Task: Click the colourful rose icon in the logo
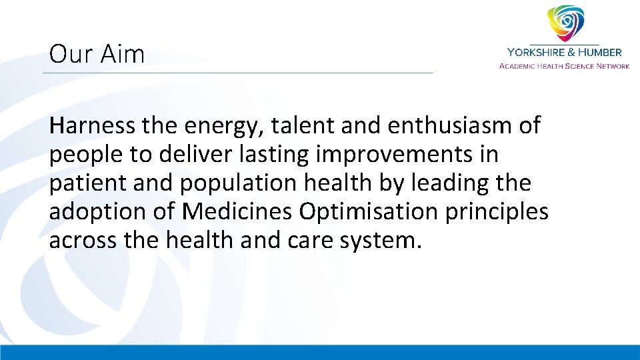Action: tap(565, 23)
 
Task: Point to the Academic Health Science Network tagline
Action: tap(564, 66)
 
